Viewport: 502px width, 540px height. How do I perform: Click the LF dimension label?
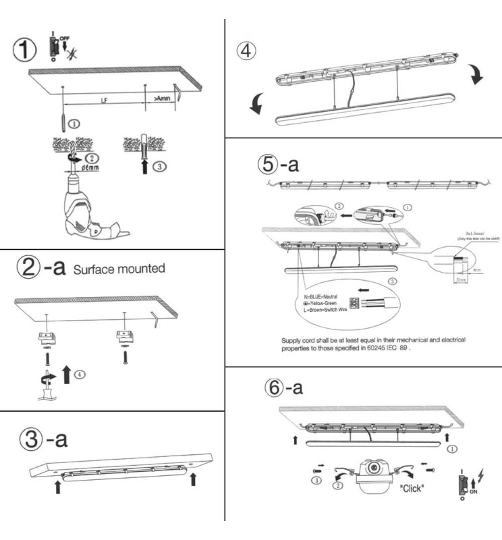pyautogui.click(x=105, y=100)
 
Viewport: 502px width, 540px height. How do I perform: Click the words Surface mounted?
pyautogui.click(x=119, y=268)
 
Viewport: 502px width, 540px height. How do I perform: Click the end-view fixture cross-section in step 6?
pyautogui.click(x=374, y=475)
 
